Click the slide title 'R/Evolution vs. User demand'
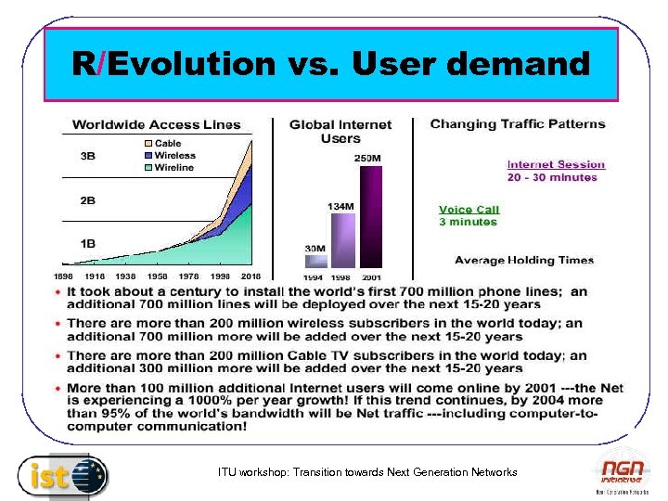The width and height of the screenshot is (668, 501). (331, 64)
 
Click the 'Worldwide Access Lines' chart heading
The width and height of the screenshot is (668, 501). (156, 125)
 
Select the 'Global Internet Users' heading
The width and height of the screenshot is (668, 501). (340, 132)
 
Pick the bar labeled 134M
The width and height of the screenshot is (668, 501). (342, 240)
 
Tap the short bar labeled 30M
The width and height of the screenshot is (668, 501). (315, 261)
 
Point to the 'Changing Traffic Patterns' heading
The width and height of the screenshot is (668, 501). (517, 124)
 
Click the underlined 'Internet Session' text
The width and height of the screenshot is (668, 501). (555, 164)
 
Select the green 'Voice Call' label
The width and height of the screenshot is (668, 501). (469, 210)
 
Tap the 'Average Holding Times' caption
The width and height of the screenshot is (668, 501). (523, 261)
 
